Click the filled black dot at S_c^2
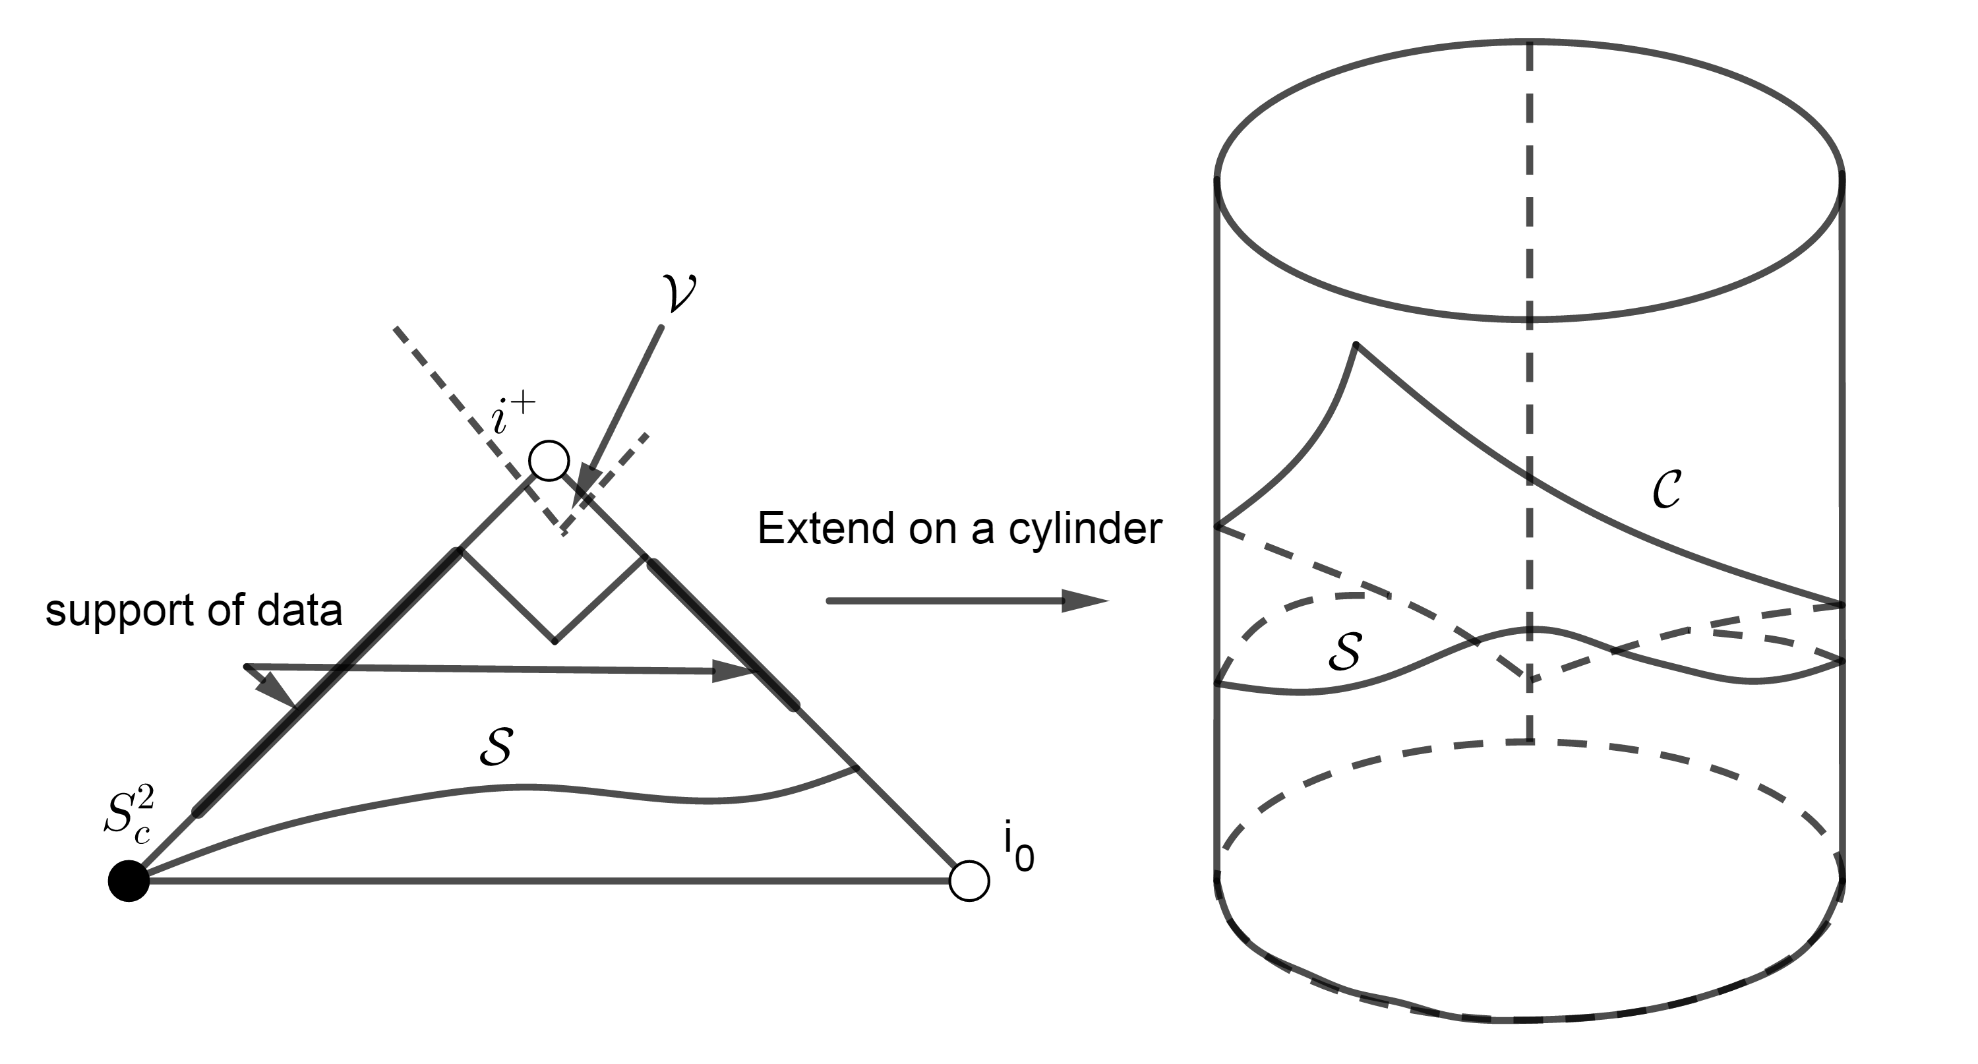(x=128, y=881)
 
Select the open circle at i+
(x=549, y=461)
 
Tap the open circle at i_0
(x=969, y=881)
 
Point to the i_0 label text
(x=1018, y=846)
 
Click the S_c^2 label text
(x=129, y=817)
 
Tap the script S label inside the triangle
(x=496, y=746)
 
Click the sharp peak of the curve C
(x=1356, y=345)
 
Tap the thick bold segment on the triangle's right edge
(x=722, y=634)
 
